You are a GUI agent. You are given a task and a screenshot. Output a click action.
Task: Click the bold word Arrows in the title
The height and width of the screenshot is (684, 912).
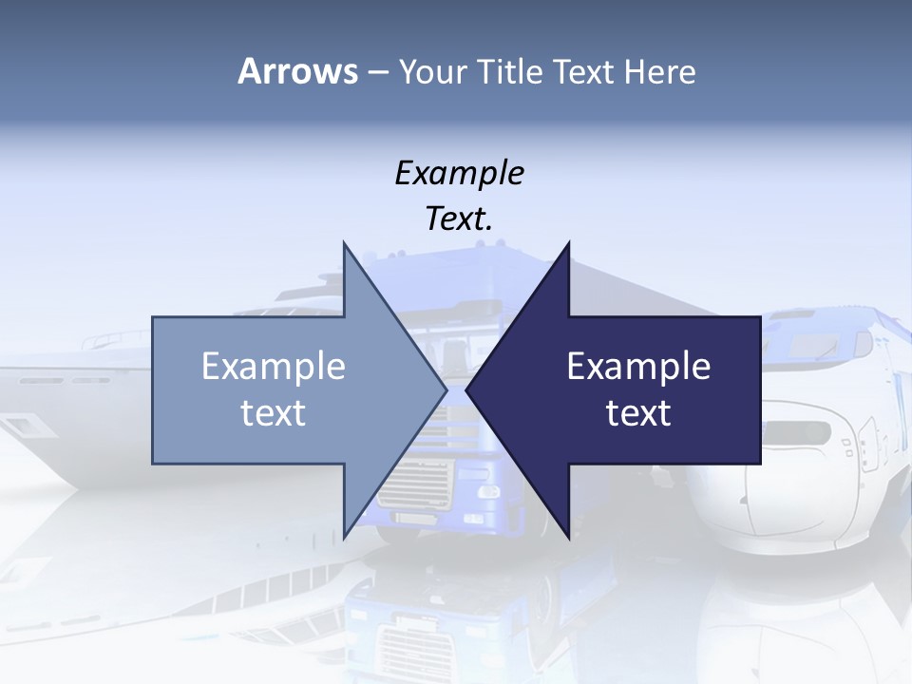(297, 71)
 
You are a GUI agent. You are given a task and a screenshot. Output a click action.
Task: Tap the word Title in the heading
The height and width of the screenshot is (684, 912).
(514, 72)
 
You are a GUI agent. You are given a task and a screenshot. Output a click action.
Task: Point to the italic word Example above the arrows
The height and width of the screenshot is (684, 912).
(459, 173)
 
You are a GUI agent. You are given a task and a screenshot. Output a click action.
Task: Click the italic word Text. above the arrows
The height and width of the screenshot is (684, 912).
(459, 218)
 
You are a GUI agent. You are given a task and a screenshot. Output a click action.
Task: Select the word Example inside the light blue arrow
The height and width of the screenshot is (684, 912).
(274, 367)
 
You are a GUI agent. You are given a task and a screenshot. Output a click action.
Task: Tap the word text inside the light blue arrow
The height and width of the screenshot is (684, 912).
(274, 412)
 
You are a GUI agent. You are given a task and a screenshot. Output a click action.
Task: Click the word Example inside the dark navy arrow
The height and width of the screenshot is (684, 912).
(638, 367)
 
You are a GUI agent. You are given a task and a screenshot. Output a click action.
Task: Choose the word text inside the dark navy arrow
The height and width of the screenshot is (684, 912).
(638, 412)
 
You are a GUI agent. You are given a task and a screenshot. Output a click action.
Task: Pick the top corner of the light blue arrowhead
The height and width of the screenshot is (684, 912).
(344, 243)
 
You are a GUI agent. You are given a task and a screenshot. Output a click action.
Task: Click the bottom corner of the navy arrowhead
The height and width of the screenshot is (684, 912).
(568, 538)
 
